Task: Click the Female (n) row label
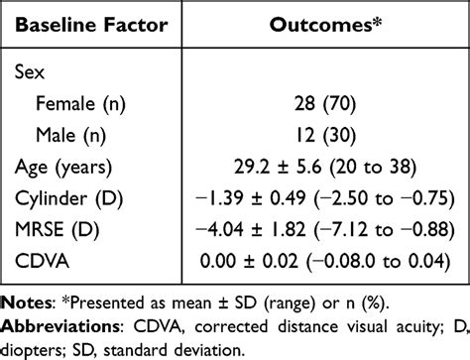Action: tap(81, 103)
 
